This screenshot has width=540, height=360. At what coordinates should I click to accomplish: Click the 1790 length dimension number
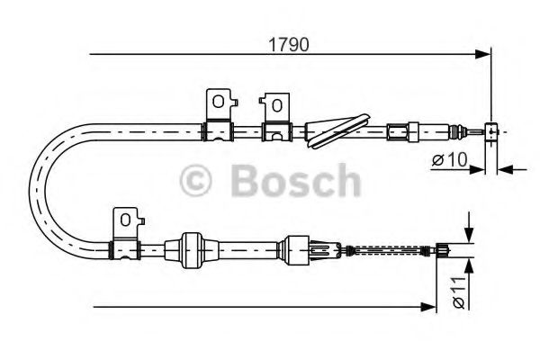point(289,45)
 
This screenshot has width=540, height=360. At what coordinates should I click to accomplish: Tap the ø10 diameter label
point(450,159)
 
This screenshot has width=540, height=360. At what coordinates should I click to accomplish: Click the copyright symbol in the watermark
point(196,181)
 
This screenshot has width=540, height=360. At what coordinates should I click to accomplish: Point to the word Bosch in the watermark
point(296,181)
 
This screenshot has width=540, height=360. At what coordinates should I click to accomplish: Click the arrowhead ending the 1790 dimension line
point(482,54)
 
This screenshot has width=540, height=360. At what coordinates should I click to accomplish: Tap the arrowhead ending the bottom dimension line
point(428,306)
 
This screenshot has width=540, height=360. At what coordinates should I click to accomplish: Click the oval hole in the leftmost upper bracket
point(218,102)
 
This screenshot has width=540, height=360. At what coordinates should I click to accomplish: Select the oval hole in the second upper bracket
point(276,105)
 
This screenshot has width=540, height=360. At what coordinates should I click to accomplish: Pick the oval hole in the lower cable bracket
point(125,220)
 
